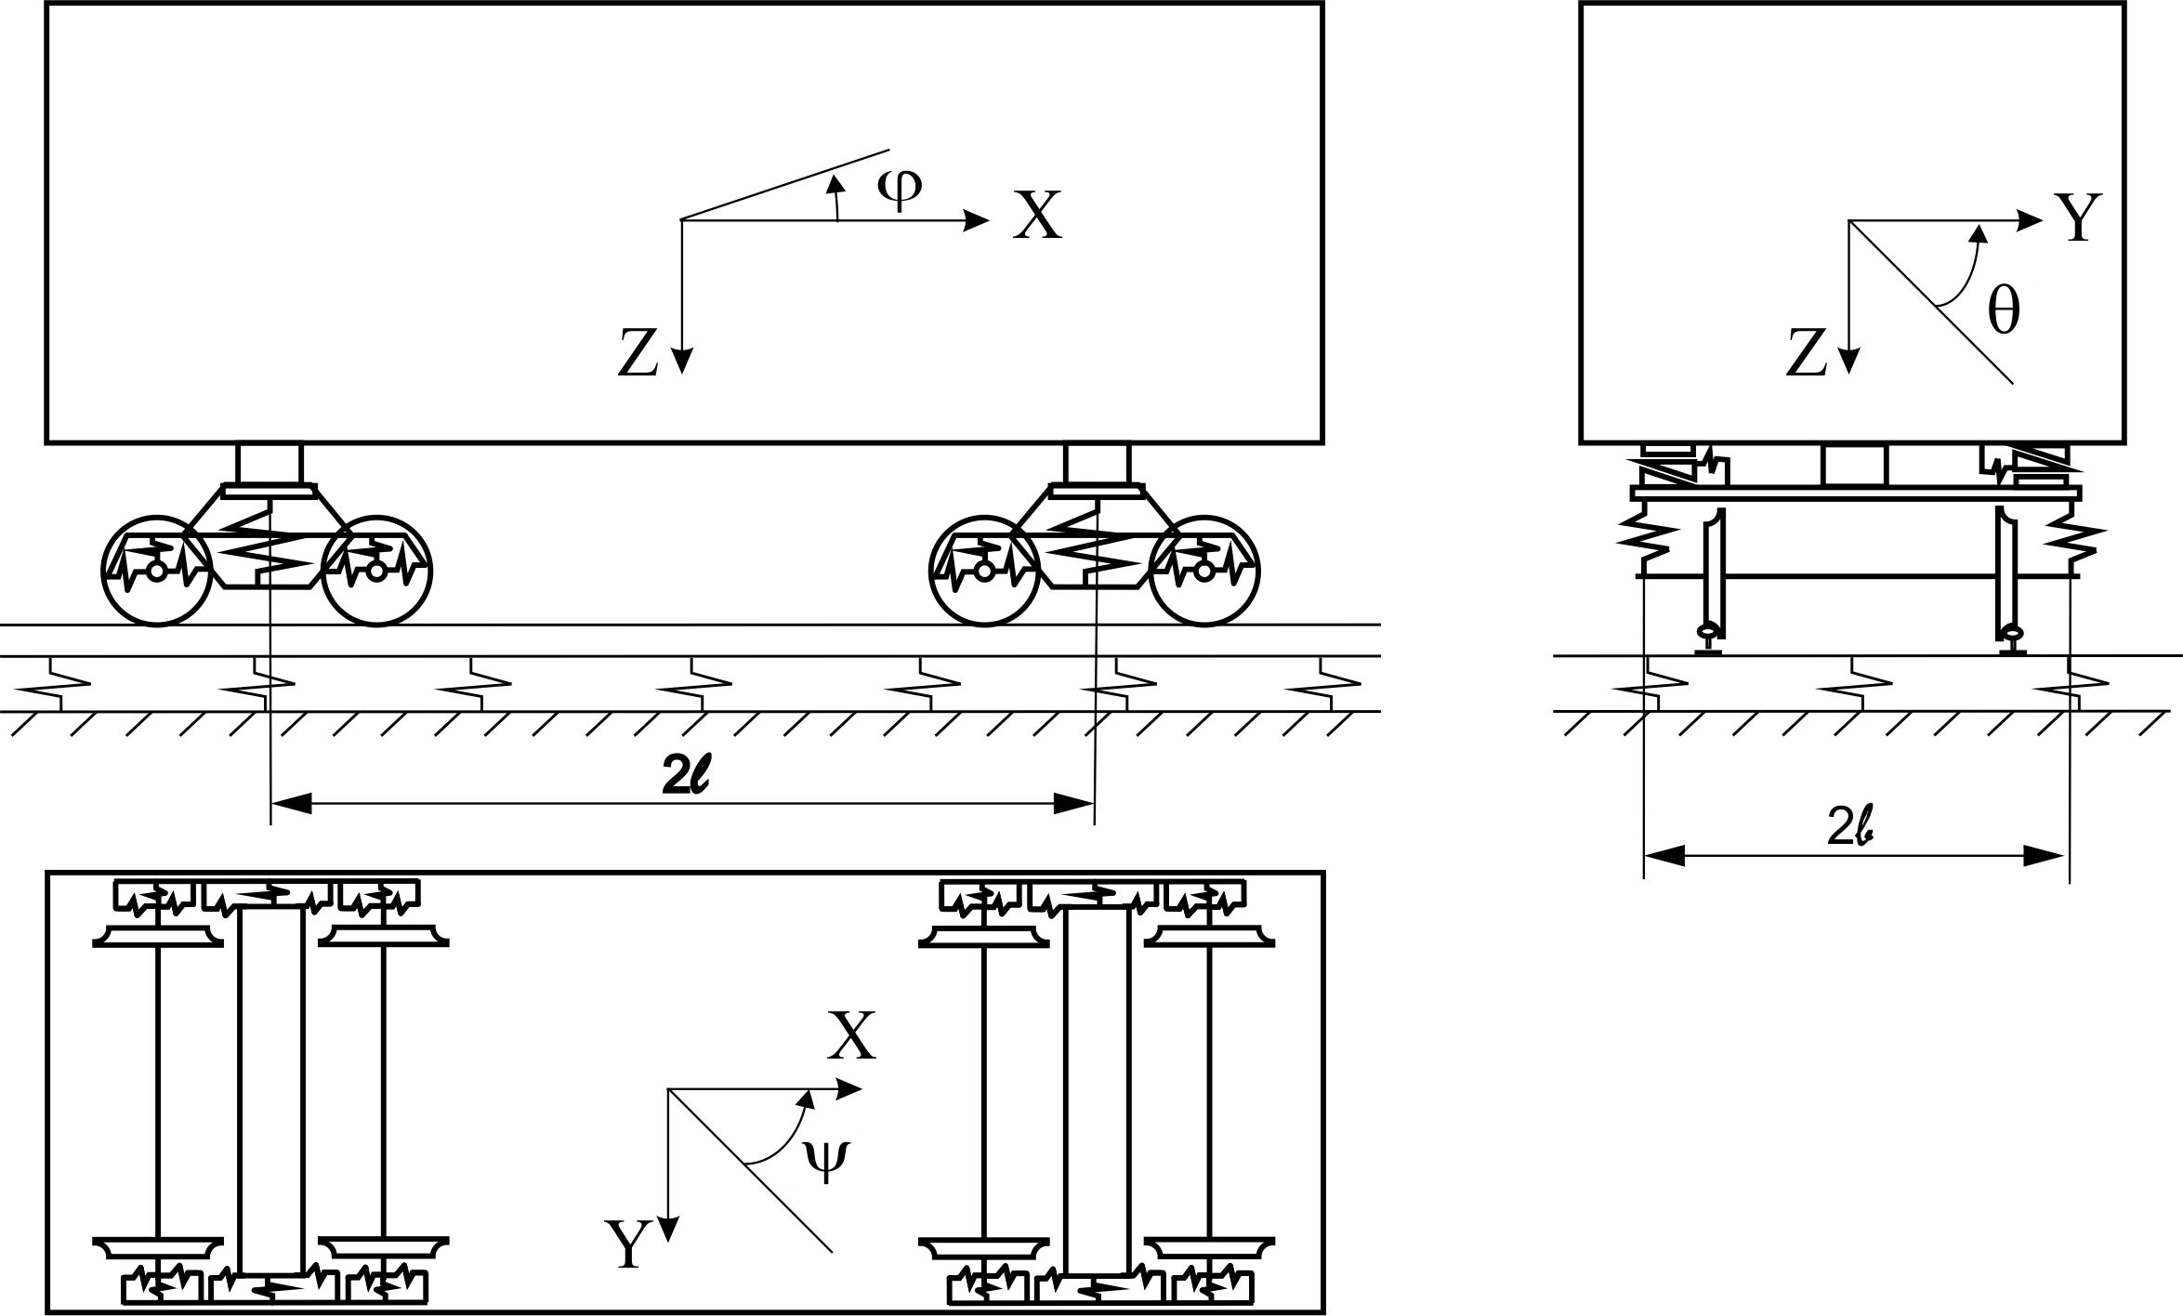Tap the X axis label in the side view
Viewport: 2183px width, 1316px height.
(x=1036, y=216)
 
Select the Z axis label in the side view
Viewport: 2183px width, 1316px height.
(x=638, y=354)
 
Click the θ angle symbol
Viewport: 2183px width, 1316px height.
(x=2003, y=311)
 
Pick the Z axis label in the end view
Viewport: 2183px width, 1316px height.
(x=1807, y=354)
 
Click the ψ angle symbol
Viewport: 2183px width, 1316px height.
(x=825, y=1160)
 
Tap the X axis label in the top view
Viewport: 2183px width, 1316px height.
(x=851, y=1036)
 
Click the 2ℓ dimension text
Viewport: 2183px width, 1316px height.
(x=686, y=779)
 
